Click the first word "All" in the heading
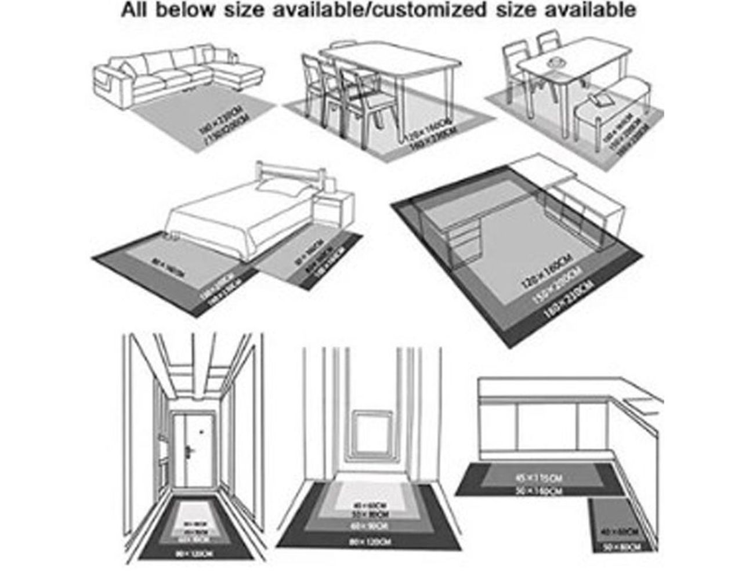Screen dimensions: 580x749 135,10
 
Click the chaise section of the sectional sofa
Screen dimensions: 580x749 238,74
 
